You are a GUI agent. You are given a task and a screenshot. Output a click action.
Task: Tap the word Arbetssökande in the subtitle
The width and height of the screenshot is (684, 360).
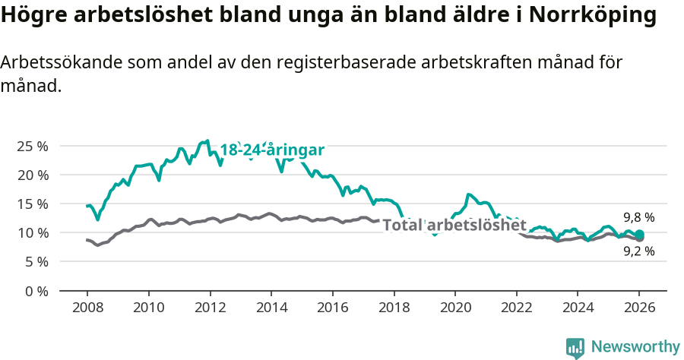point(67,63)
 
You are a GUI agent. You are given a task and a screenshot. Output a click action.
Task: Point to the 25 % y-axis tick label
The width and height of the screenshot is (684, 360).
point(32,146)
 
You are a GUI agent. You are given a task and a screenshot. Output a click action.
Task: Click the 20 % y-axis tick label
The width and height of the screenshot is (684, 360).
point(32,175)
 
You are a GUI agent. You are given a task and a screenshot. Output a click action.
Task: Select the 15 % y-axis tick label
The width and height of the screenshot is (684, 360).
point(32,204)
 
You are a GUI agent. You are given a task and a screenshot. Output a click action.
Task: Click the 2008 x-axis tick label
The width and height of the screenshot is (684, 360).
point(87,309)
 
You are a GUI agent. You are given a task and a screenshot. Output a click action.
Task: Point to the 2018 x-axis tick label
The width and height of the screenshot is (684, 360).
point(394,309)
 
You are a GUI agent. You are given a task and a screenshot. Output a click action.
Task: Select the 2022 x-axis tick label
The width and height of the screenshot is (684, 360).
point(516,309)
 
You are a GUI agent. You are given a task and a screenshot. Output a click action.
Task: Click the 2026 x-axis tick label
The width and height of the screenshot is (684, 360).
point(639,309)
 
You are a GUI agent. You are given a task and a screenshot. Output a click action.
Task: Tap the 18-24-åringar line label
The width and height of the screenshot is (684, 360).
point(272,150)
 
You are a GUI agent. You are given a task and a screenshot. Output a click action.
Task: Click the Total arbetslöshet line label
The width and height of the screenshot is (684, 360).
point(454,225)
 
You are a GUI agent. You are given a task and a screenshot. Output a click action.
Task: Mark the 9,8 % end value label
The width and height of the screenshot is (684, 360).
point(639,217)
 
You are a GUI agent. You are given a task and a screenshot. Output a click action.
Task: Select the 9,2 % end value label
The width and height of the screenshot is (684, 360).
point(639,251)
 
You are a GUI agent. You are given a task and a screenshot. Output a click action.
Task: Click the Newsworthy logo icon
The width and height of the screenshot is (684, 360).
point(575,348)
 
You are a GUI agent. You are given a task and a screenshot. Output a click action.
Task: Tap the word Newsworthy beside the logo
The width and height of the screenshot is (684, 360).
point(635,347)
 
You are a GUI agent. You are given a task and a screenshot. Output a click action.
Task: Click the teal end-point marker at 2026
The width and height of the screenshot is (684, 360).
point(639,234)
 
